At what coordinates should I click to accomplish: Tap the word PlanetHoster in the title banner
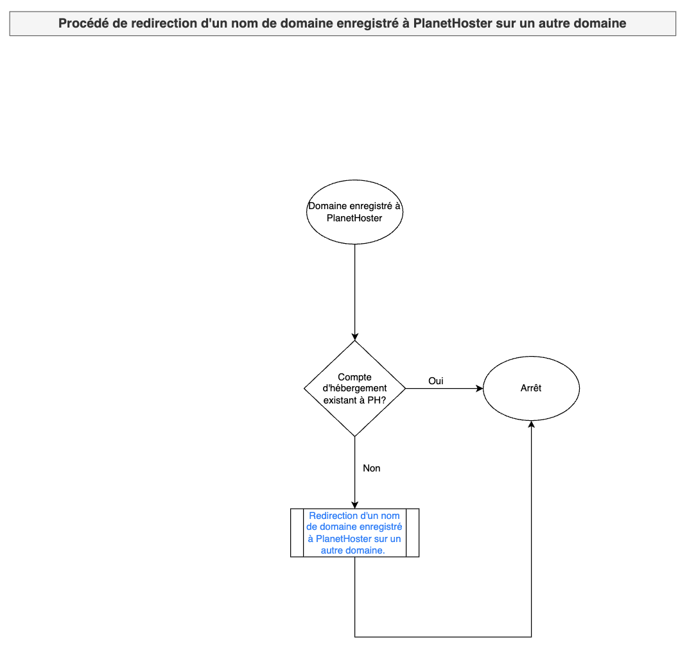coord(453,23)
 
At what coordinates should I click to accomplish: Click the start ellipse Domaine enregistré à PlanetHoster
coord(354,212)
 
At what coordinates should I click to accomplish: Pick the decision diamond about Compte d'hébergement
coord(354,388)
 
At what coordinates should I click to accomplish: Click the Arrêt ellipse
coord(531,388)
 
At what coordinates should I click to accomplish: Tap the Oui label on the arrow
coord(435,381)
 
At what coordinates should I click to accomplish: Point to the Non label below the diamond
coord(372,468)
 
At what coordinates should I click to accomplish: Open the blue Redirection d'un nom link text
coord(354,532)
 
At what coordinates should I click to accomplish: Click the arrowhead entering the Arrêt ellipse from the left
coord(480,388)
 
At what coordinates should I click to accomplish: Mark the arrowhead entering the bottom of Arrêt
coord(532,425)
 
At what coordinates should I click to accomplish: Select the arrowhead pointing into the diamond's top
coord(355,337)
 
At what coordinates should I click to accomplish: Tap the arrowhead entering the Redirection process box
coord(355,505)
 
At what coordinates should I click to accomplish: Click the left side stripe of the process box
coord(297,532)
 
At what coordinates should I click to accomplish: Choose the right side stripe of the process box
coord(413,532)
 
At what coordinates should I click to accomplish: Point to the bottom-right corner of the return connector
coord(532,637)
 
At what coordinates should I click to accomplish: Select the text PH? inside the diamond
coord(376,400)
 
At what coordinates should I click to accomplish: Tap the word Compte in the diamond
coord(354,377)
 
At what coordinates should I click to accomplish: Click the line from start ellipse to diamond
coord(355,293)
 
